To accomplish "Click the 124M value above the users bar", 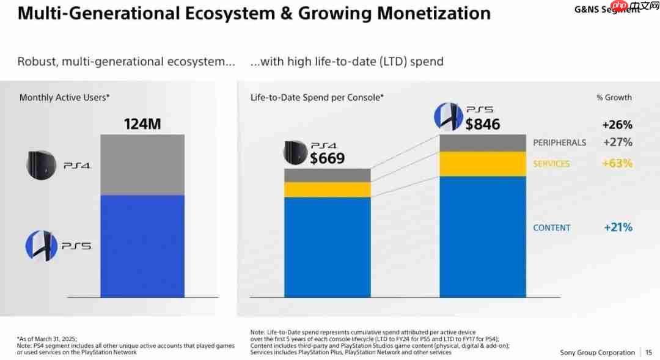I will [142, 124].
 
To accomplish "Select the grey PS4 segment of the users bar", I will [142, 164].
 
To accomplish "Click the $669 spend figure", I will [327, 158].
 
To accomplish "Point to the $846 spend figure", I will [482, 124].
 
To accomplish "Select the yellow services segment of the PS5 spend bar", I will [483, 164].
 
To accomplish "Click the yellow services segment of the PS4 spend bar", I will [328, 189].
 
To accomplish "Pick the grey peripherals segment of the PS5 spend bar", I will [483, 143].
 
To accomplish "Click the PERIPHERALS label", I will [559, 142].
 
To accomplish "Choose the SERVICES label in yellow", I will [551, 164].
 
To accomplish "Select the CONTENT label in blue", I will [552, 227].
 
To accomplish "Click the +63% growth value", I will [617, 164].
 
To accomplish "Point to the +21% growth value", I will [618, 227].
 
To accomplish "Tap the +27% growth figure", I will [617, 142].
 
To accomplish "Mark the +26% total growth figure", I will [617, 125].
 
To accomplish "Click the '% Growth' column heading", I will [614, 97].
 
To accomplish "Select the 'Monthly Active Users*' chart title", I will [64, 97].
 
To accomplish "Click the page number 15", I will [648, 353].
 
